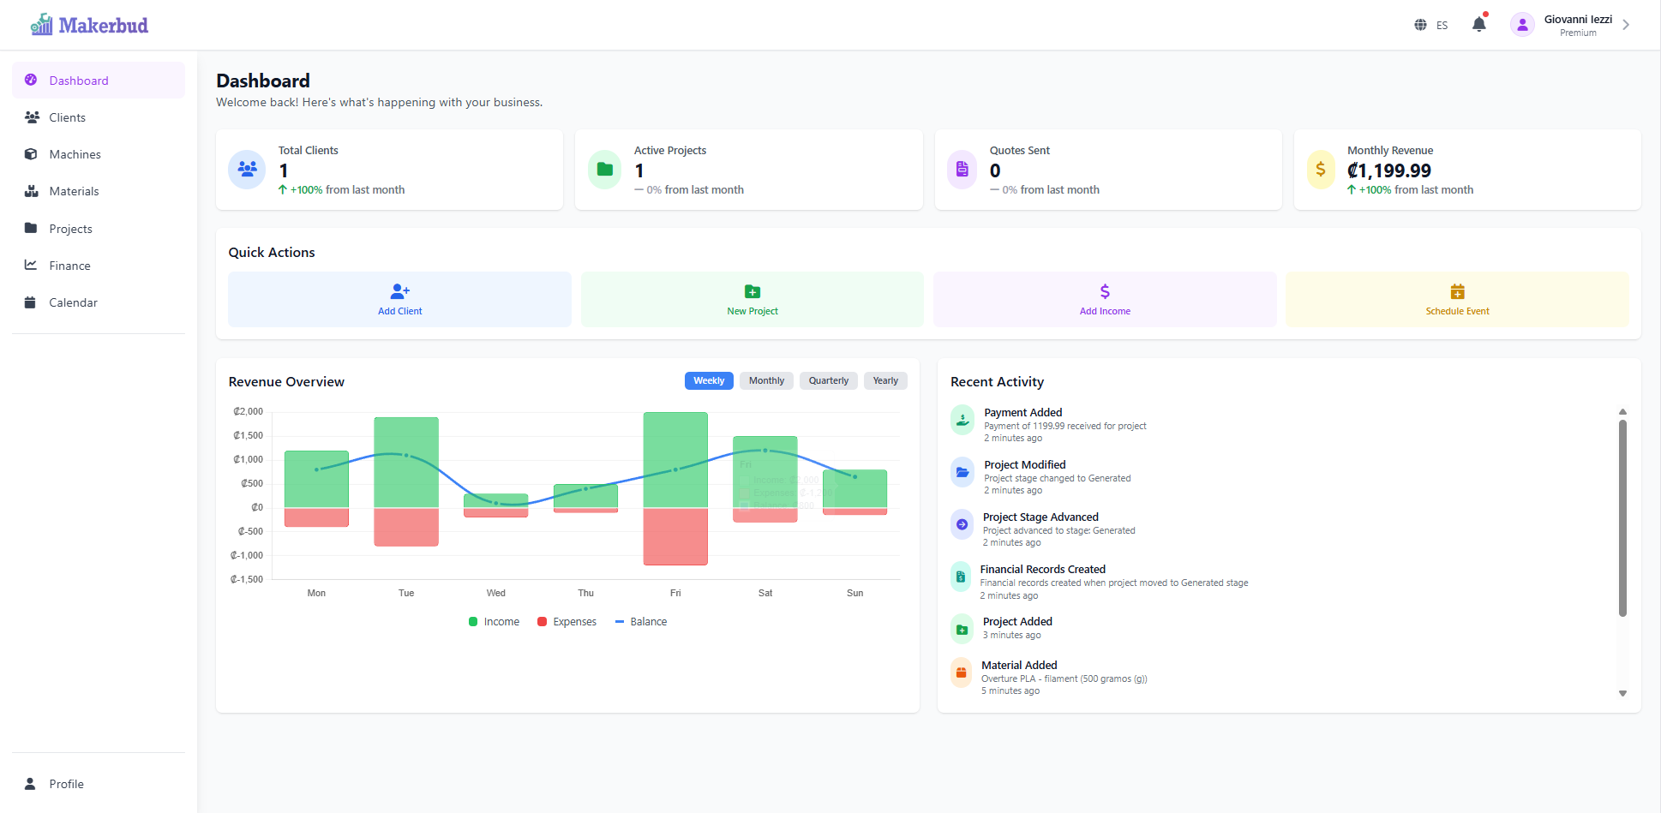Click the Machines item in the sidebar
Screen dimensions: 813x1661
click(x=75, y=154)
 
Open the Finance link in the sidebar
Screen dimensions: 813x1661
click(x=69, y=266)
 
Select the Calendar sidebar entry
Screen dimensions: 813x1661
click(x=73, y=302)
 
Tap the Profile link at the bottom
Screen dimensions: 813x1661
click(x=66, y=784)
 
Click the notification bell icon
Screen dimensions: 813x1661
click(x=1478, y=25)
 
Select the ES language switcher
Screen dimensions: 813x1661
click(x=1431, y=25)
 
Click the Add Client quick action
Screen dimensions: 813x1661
click(x=399, y=299)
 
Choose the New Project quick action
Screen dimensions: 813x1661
click(x=752, y=299)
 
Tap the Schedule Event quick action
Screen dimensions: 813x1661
click(x=1457, y=299)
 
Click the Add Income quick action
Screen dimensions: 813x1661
click(x=1105, y=299)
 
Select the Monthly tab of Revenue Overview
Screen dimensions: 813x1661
click(x=766, y=380)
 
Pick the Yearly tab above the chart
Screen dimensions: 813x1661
click(x=885, y=380)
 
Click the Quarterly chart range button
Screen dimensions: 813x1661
click(x=828, y=380)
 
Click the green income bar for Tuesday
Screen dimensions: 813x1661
click(x=406, y=463)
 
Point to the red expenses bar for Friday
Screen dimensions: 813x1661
click(x=675, y=536)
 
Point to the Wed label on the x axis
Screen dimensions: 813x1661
click(x=496, y=593)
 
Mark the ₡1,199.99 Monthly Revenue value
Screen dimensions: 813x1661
click(x=1388, y=170)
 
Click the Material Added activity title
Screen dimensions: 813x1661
click(x=1019, y=665)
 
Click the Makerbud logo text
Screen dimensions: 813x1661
click(x=103, y=25)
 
